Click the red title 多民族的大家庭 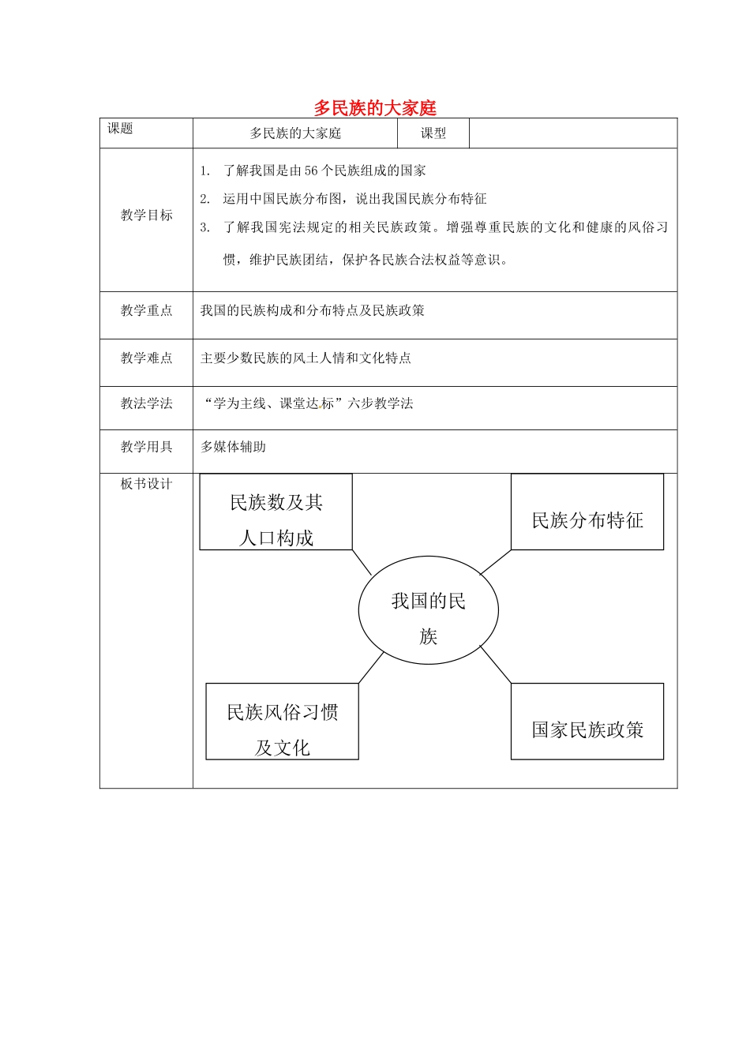click(x=375, y=107)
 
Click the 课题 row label click(x=120, y=129)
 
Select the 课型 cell click(x=433, y=133)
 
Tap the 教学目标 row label click(x=146, y=215)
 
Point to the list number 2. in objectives click(x=205, y=198)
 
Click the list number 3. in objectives click(x=205, y=227)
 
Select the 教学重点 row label click(x=146, y=310)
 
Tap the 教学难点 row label click(x=146, y=358)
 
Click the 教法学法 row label click(x=146, y=403)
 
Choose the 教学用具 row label click(x=146, y=447)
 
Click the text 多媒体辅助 click(x=233, y=447)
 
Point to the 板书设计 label click(x=146, y=484)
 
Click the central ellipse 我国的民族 click(x=429, y=610)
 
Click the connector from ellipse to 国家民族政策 click(x=496, y=665)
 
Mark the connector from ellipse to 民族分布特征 click(x=495, y=562)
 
